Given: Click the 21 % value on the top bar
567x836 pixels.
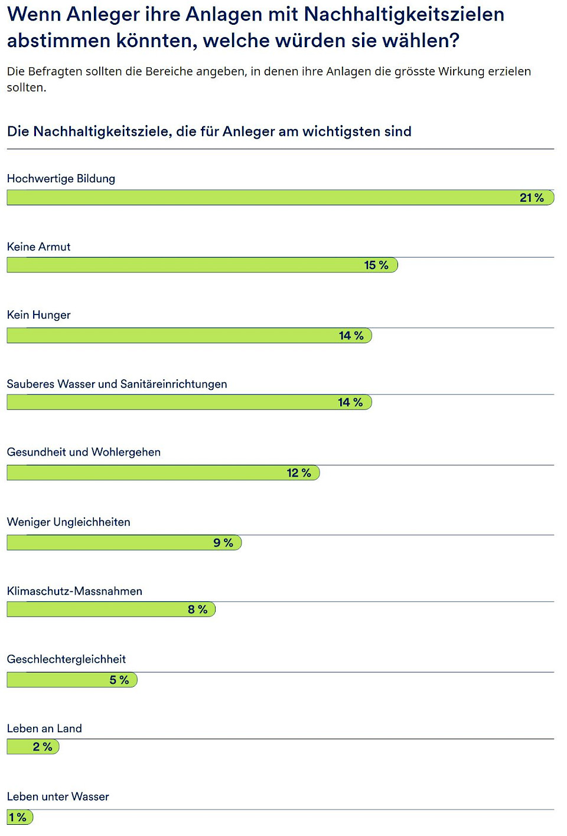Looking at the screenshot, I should [x=532, y=198].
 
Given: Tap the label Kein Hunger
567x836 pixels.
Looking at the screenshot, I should [x=38, y=314].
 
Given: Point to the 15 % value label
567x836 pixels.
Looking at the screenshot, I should [x=376, y=265].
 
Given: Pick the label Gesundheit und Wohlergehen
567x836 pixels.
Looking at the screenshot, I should [x=83, y=452].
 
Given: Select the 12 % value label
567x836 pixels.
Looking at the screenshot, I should [x=299, y=473].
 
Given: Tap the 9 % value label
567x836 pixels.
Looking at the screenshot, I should [x=223, y=542].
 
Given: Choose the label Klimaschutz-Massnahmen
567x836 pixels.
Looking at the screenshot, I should [x=74, y=591].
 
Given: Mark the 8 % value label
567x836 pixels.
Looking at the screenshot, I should [x=198, y=609].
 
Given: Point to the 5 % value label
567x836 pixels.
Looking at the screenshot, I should [x=119, y=680].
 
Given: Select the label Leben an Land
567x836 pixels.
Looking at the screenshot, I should [x=44, y=729].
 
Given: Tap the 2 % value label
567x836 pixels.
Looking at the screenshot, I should [x=43, y=747].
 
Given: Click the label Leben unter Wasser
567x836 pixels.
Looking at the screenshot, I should [x=58, y=796].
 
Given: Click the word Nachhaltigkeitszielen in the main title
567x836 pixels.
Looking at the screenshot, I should [x=404, y=14].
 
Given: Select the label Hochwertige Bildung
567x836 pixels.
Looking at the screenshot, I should [x=61, y=178].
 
